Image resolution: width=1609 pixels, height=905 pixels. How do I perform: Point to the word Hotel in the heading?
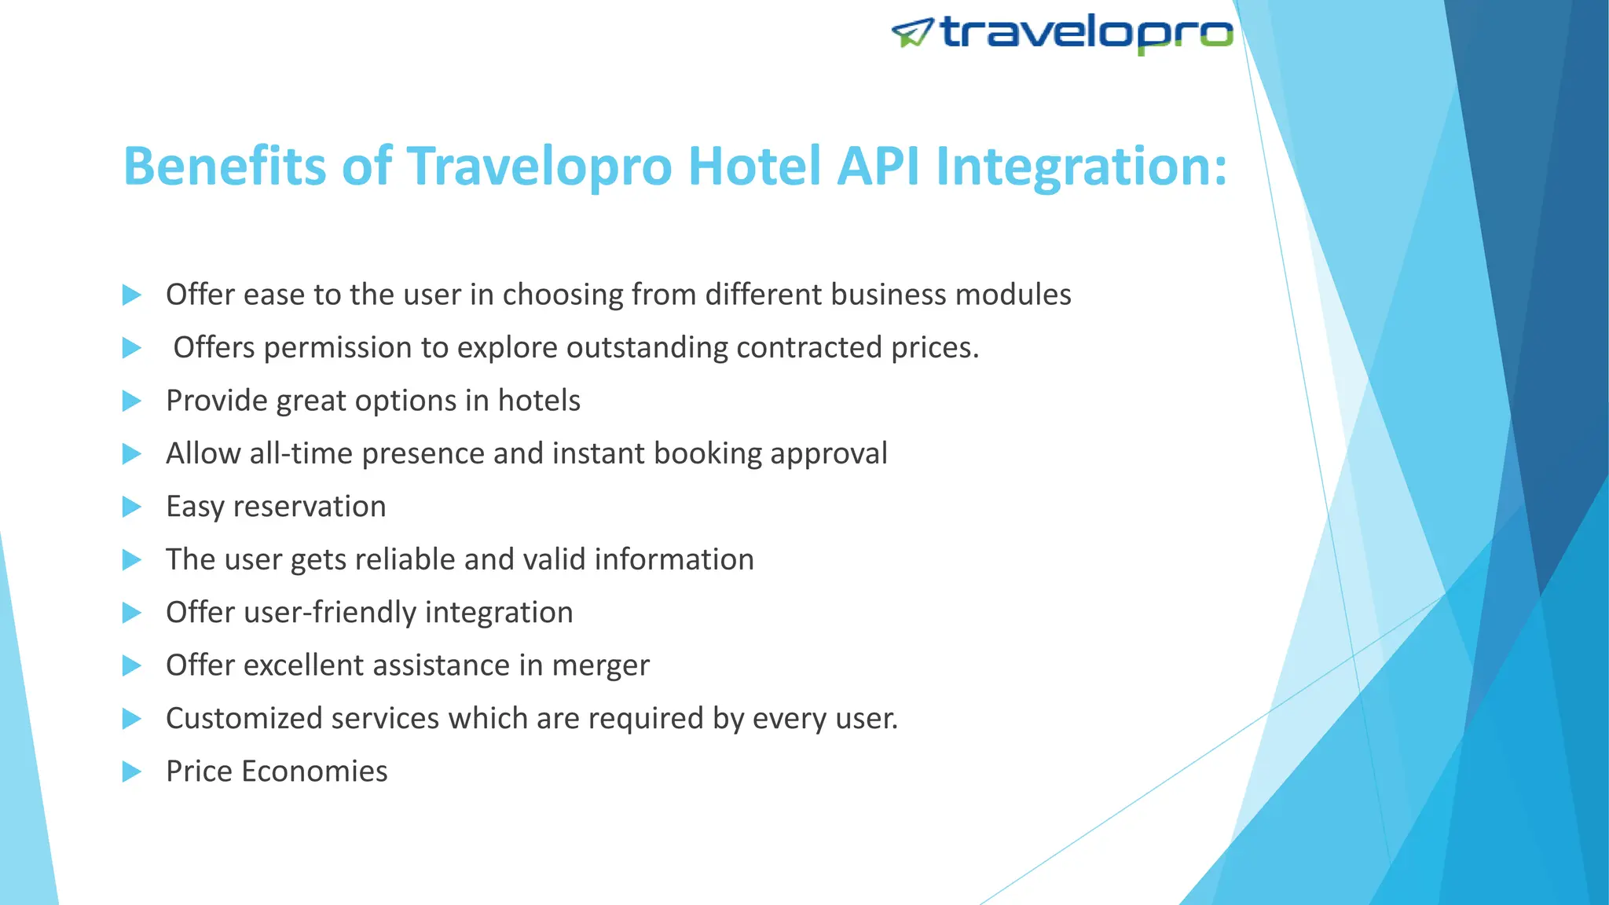pyautogui.click(x=754, y=166)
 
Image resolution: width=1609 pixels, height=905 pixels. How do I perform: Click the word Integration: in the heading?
pyautogui.click(x=1081, y=167)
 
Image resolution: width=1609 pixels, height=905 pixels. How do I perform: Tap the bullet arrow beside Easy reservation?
pyautogui.click(x=131, y=507)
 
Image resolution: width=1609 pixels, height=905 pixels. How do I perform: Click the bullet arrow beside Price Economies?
pyautogui.click(x=131, y=771)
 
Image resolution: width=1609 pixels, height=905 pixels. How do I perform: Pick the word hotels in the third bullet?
pyautogui.click(x=539, y=401)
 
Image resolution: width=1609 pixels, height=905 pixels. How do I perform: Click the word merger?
pyautogui.click(x=600, y=666)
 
